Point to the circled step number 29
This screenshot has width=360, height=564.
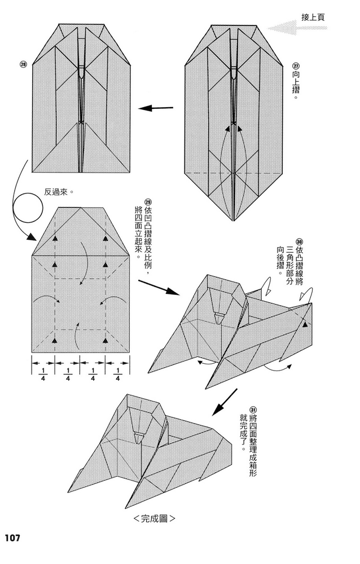click(148, 202)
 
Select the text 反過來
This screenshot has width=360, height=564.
click(60, 191)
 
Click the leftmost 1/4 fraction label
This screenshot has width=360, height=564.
click(43, 374)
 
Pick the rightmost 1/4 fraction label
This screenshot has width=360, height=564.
click(117, 374)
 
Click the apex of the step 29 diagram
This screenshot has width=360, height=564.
click(80, 207)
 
